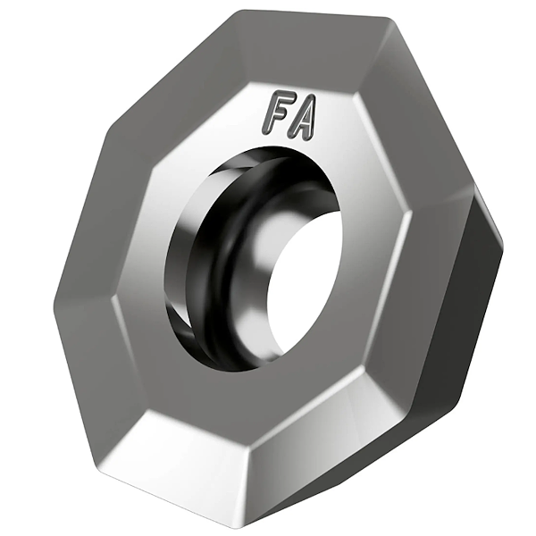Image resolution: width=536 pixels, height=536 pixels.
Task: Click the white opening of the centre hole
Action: click(305, 286)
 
